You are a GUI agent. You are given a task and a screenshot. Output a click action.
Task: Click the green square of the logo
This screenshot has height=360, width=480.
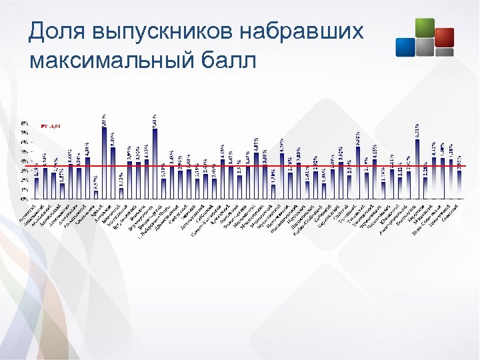point(424,28)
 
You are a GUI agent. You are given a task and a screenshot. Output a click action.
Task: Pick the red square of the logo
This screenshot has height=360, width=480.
point(444,37)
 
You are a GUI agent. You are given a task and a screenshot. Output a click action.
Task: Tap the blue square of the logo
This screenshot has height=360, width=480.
point(405,46)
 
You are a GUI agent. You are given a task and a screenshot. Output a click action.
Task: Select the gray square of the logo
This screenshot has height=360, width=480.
point(425,47)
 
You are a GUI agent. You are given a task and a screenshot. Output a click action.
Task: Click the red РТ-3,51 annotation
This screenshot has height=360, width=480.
point(51,126)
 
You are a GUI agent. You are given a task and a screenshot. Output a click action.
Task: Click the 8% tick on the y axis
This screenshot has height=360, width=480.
point(24,123)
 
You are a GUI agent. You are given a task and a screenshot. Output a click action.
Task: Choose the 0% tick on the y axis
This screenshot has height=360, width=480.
point(24,199)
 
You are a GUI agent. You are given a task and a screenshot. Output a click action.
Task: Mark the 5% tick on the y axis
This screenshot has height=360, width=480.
point(24,151)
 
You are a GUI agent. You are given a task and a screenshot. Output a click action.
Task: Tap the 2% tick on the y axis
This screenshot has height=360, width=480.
point(24,180)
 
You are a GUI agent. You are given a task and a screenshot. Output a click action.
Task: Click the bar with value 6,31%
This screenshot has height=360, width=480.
point(417,169)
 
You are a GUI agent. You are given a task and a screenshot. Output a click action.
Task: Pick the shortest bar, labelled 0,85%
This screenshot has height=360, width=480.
point(96,195)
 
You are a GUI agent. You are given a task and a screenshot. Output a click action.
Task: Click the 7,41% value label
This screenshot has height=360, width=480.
point(155,121)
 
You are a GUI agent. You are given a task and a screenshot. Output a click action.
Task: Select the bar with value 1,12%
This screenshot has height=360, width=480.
point(121,193)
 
